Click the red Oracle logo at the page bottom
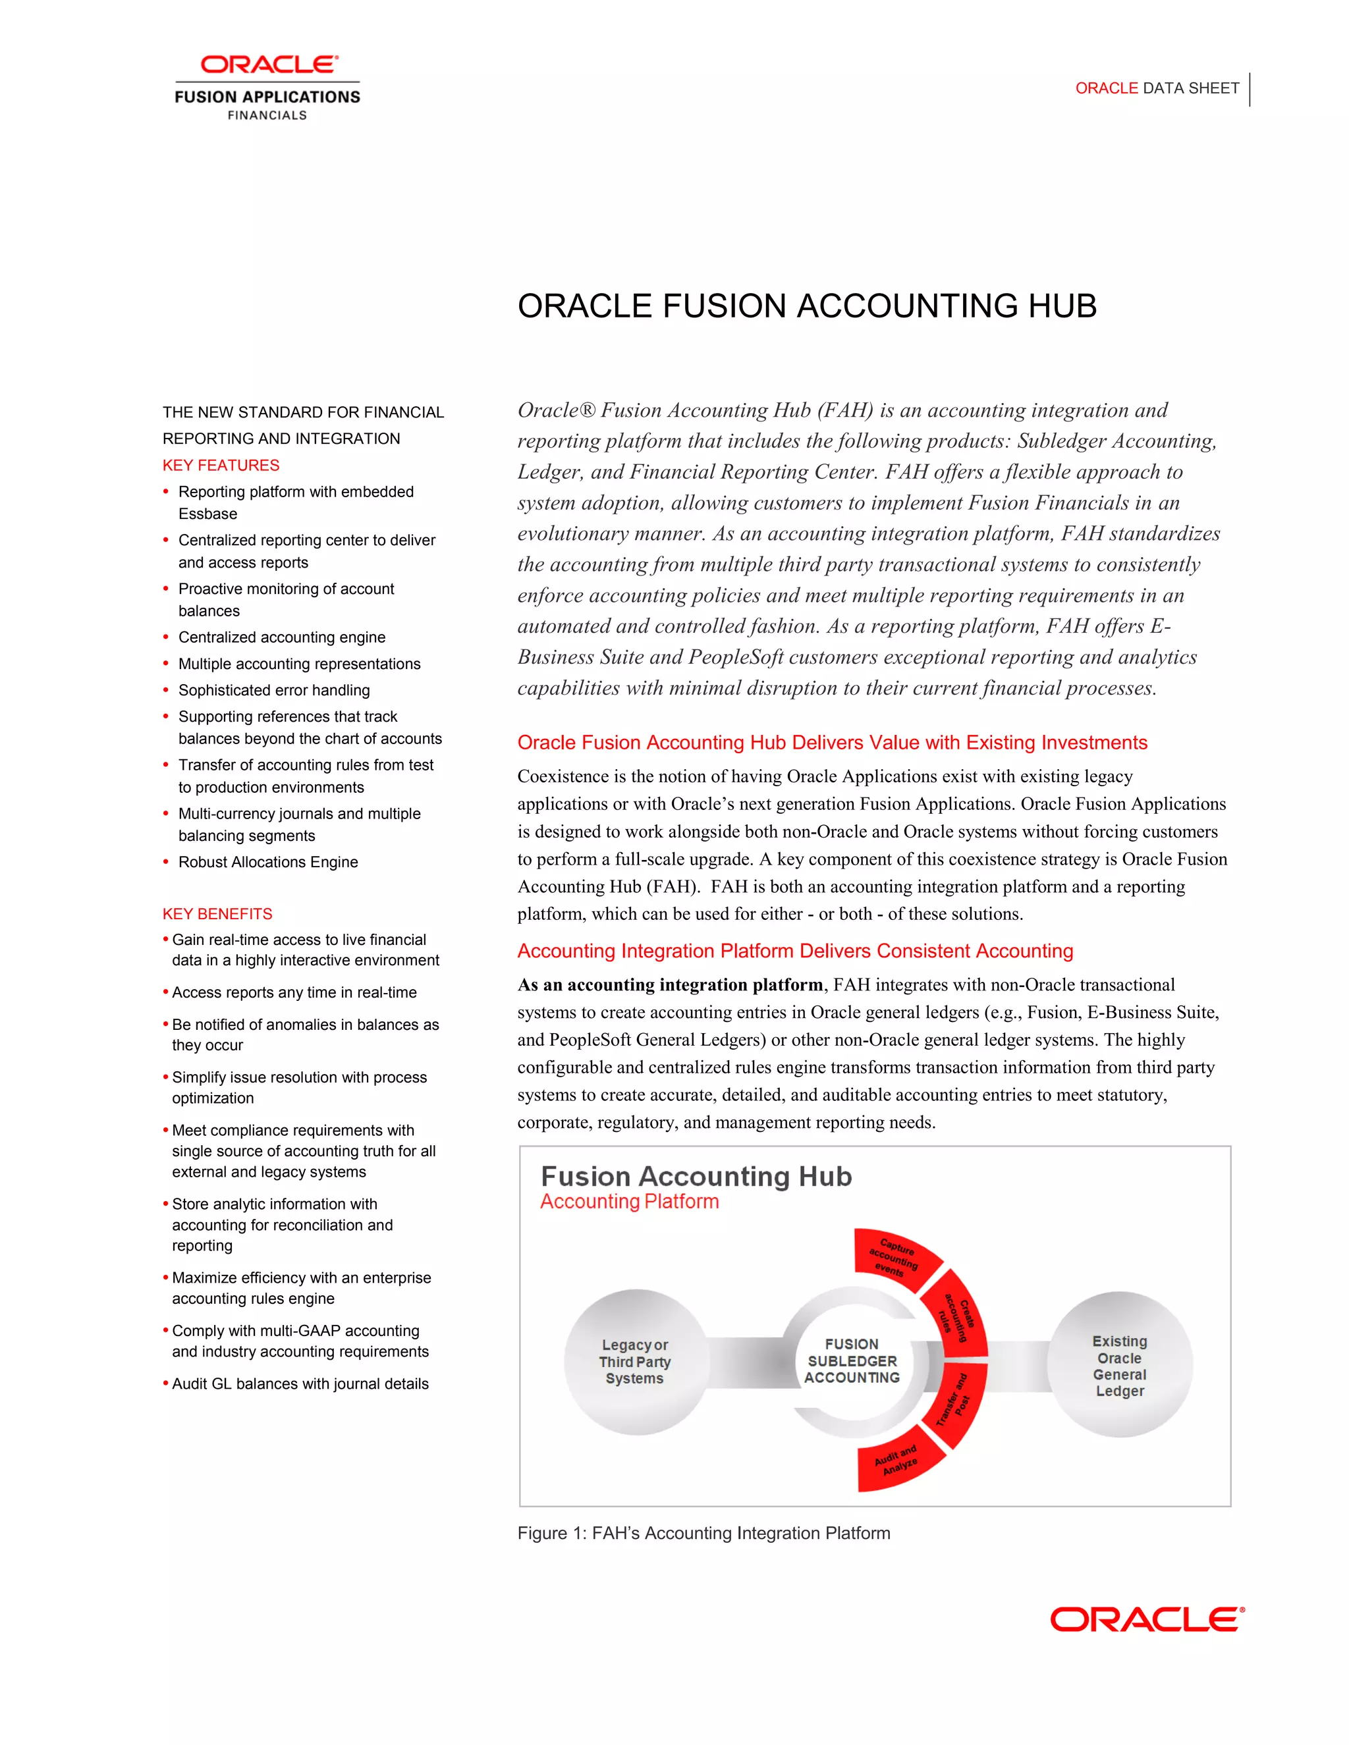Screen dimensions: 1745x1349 [x=1147, y=1620]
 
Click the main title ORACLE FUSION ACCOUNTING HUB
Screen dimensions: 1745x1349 [x=806, y=307]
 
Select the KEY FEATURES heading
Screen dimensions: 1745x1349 [x=221, y=465]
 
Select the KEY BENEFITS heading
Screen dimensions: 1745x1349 [x=217, y=913]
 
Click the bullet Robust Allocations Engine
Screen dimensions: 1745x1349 [x=267, y=862]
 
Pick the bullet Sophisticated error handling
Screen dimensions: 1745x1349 [x=273, y=690]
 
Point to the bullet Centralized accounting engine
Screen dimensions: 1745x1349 [x=281, y=637]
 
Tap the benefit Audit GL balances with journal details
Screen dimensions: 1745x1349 [x=300, y=1384]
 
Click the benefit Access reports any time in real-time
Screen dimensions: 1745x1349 [x=294, y=992]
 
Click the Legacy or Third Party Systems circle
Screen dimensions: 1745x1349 [x=636, y=1362]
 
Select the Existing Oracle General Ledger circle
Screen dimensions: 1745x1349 [x=1120, y=1366]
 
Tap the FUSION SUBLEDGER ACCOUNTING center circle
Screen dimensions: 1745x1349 [x=852, y=1360]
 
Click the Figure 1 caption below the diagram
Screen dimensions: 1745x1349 [x=703, y=1533]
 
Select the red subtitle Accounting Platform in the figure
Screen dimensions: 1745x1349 [x=629, y=1202]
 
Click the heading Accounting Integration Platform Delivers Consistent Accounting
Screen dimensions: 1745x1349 [x=794, y=951]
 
